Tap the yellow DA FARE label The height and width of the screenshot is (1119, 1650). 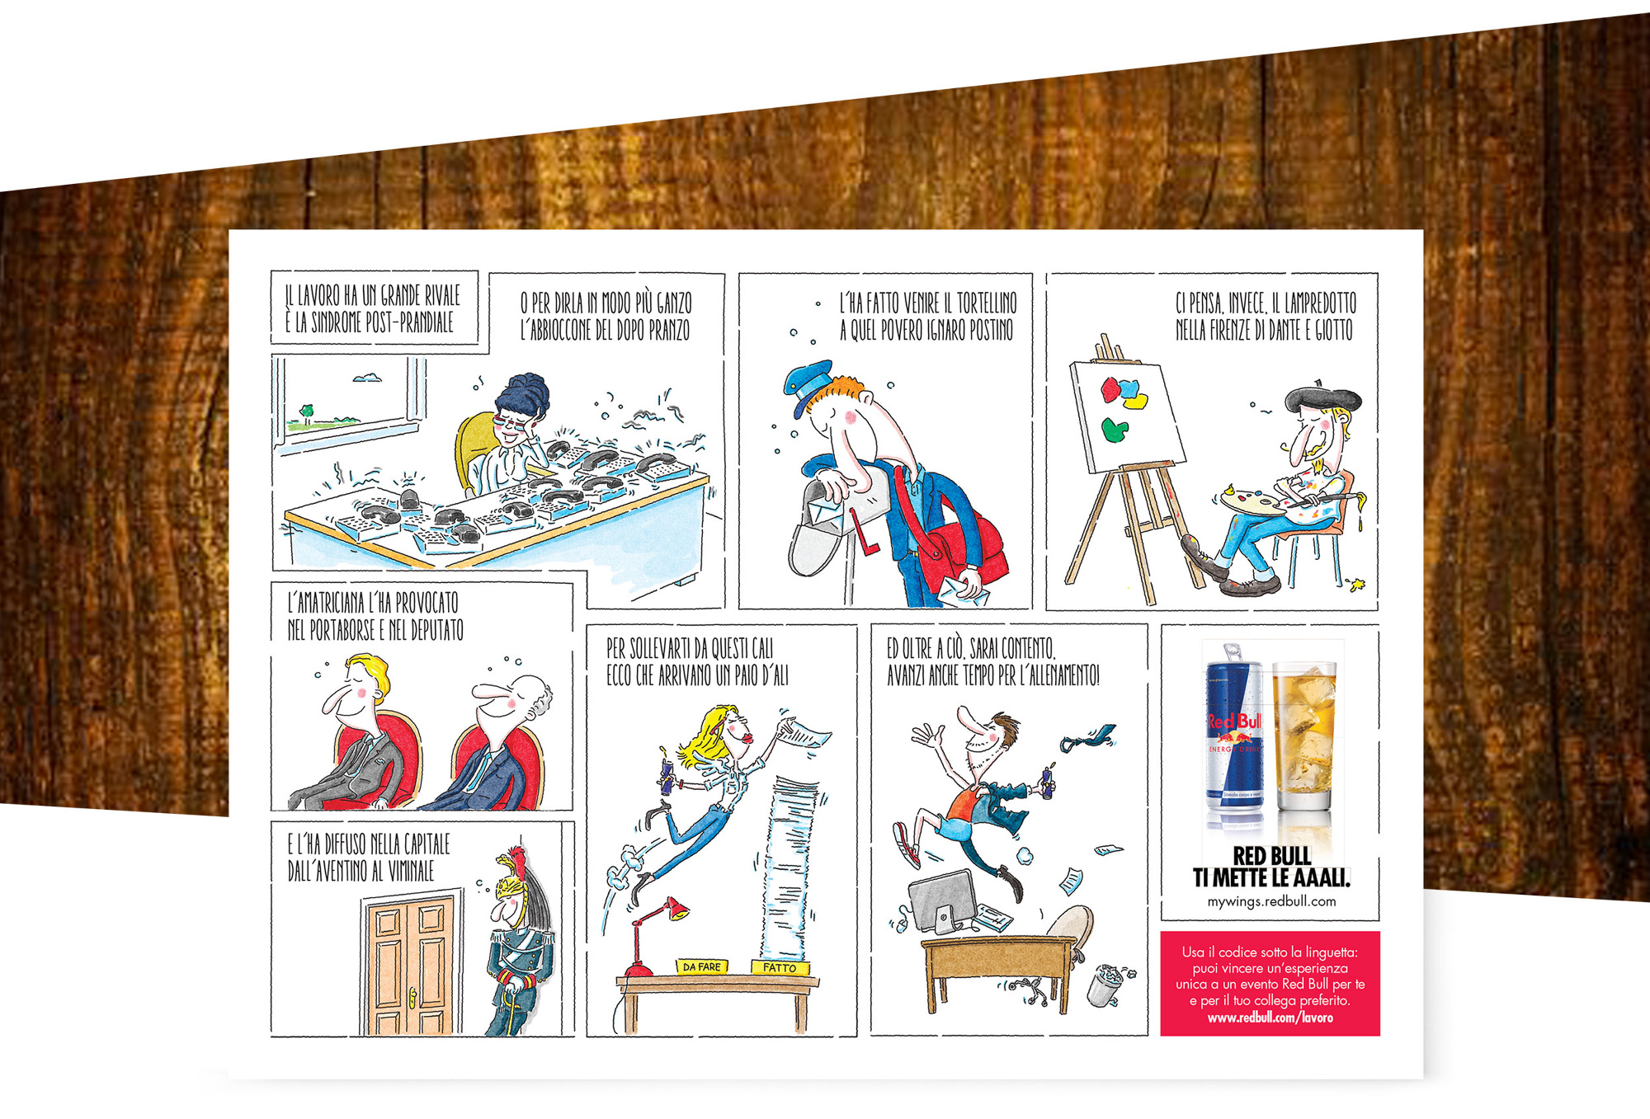pyautogui.click(x=701, y=966)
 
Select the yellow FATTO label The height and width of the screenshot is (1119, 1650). pyautogui.click(x=780, y=967)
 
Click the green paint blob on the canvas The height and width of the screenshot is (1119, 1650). pyautogui.click(x=1115, y=430)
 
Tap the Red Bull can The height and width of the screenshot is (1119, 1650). pyautogui.click(x=1233, y=734)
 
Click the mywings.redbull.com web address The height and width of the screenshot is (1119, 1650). pyautogui.click(x=1271, y=901)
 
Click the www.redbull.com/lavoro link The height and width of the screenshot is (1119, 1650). pyautogui.click(x=1270, y=1018)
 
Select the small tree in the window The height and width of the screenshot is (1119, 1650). pyautogui.click(x=307, y=413)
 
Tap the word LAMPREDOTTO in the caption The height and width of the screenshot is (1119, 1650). pyautogui.click(x=1320, y=303)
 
